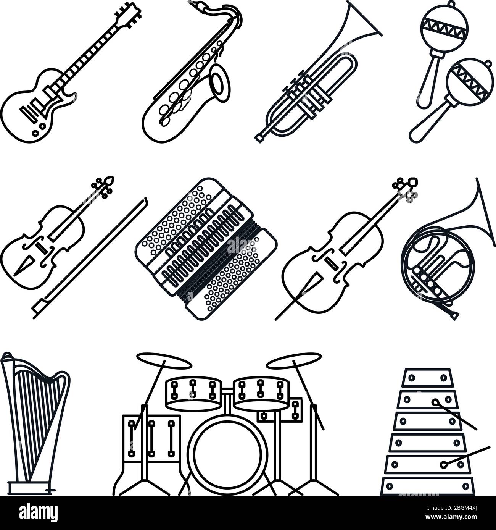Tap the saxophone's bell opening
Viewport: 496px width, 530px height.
220,80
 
